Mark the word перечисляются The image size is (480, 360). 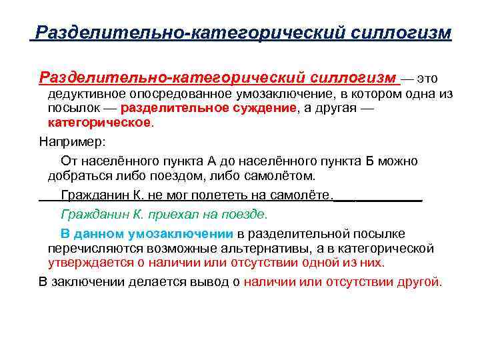point(91,249)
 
